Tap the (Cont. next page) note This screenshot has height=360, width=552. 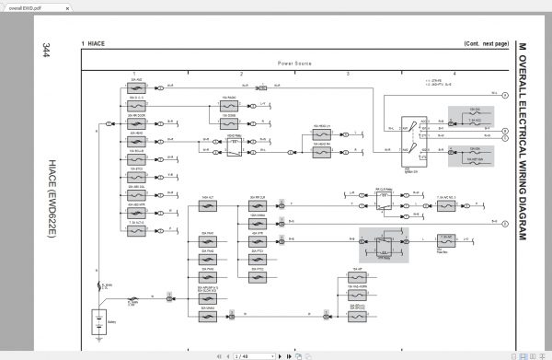click(x=486, y=43)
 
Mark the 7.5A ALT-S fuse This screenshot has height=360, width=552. click(x=137, y=225)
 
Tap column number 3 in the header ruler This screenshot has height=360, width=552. click(x=348, y=72)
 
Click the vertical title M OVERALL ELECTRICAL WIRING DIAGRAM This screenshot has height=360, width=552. click(x=522, y=139)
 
